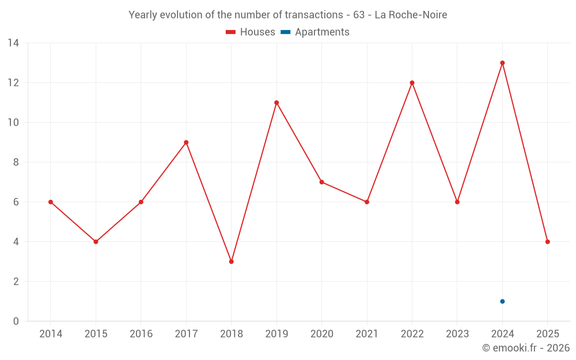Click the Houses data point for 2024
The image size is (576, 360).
(502, 63)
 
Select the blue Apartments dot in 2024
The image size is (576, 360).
(502, 301)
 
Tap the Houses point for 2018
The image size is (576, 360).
(232, 262)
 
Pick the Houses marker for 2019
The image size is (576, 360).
(276, 103)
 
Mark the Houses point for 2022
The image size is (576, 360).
(412, 83)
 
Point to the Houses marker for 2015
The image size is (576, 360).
(96, 242)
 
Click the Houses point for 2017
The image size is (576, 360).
(186, 142)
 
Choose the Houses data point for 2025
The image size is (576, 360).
(548, 242)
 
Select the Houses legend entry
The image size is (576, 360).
(251, 32)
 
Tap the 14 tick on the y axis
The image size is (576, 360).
(13, 43)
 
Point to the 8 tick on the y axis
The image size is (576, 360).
(16, 162)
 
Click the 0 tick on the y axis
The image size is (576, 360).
(16, 321)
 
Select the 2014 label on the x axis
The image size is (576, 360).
(51, 334)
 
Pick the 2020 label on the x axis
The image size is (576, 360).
(321, 334)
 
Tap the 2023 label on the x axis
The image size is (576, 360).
(457, 334)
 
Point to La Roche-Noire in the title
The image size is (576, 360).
(411, 15)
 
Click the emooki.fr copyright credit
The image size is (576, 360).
(526, 348)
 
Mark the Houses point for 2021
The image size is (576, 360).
(367, 202)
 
